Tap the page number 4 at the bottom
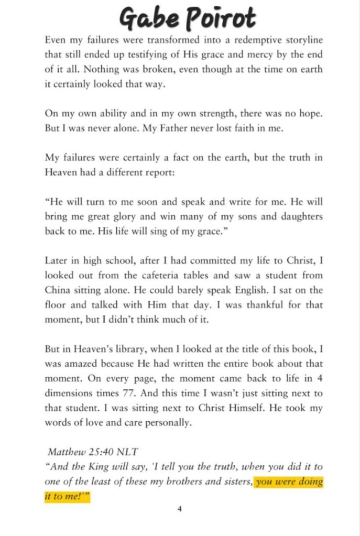[180, 508]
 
